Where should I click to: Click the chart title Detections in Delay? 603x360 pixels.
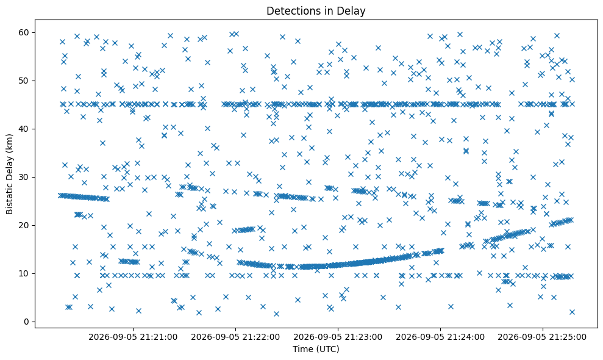(x=316, y=11)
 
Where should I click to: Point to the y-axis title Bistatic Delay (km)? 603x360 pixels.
(x=9, y=174)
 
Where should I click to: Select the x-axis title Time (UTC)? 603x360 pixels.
(x=316, y=349)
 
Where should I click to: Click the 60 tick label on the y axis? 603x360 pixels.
(x=24, y=32)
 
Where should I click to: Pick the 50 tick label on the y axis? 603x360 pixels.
(x=24, y=81)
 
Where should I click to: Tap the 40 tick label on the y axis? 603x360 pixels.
(x=24, y=129)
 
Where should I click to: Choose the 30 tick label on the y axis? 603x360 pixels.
(x=24, y=177)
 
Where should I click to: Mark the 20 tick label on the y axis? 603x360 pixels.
(x=24, y=225)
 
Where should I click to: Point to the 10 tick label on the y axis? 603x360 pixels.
(x=24, y=273)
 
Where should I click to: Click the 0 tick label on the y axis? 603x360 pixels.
(x=27, y=322)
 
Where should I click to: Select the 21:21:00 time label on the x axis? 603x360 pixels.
(x=133, y=337)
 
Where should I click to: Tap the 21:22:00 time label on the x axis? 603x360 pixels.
(x=235, y=337)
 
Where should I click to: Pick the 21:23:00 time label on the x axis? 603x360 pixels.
(x=338, y=337)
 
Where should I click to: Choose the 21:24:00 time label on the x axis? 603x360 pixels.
(x=440, y=337)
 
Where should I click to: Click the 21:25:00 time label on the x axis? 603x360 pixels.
(x=542, y=337)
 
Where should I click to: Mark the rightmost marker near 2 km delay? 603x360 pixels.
(x=572, y=312)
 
